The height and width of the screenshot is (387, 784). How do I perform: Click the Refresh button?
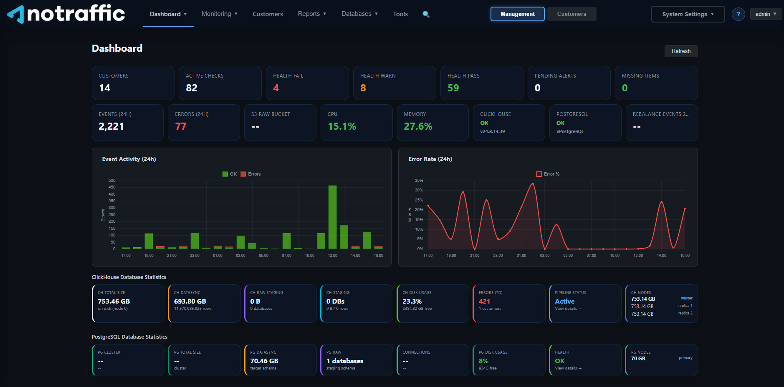681,51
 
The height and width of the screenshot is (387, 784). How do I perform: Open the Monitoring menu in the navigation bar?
220,14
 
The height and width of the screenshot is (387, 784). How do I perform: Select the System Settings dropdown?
688,14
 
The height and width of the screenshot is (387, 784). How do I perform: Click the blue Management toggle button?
517,14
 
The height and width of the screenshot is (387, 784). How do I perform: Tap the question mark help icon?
738,14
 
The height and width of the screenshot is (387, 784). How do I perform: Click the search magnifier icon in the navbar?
426,14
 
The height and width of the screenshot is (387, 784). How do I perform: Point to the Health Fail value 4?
276,88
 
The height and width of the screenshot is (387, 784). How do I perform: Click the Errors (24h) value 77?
181,126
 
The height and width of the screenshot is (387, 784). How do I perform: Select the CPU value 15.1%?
342,126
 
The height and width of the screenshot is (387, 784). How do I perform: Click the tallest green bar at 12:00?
332,217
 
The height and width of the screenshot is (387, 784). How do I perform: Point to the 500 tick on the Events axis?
112,181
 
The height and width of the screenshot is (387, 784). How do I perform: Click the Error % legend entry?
548,174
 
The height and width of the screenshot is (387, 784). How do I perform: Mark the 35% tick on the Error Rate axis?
419,181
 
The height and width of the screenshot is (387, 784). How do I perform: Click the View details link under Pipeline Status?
568,309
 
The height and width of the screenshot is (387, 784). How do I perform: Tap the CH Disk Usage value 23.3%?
412,301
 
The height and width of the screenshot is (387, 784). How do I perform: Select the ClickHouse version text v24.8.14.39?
492,131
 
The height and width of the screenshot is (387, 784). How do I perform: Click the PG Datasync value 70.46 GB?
264,361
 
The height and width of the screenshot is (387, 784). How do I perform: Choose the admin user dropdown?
766,14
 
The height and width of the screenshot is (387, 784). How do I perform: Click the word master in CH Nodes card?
686,298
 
